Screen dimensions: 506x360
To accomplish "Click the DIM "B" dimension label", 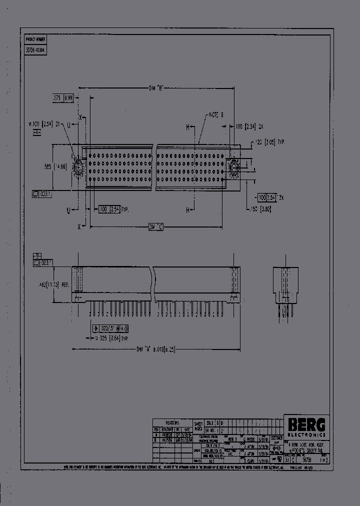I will (x=156, y=88).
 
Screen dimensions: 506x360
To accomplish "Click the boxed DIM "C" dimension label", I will (x=156, y=226).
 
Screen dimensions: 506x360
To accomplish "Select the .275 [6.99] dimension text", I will (x=63, y=99).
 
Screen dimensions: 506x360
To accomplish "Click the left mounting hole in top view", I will (x=78, y=167).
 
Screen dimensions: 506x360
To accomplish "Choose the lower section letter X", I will (x=79, y=226).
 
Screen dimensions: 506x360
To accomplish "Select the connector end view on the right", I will (x=285, y=285).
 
